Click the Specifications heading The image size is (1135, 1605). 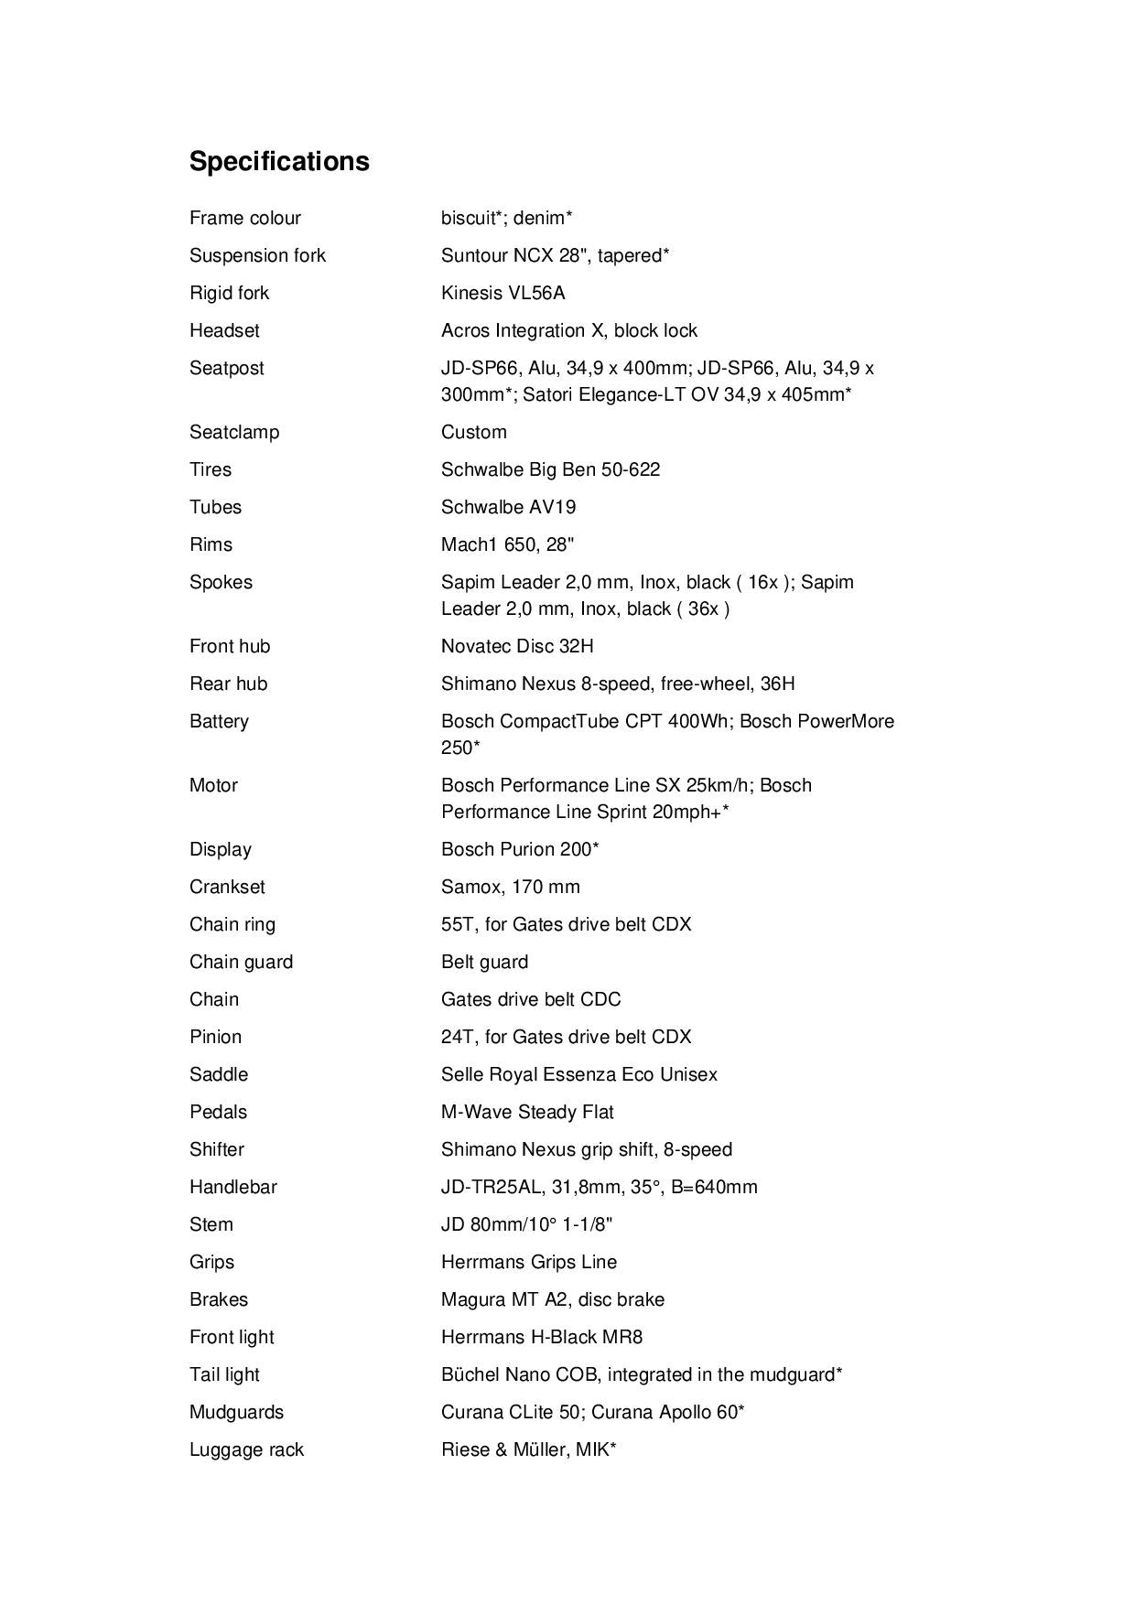[x=279, y=161]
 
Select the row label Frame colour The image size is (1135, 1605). [x=244, y=218]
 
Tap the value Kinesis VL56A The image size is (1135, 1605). [x=503, y=293]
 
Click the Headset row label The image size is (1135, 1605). [x=224, y=330]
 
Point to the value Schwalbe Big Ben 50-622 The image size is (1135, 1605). [x=550, y=469]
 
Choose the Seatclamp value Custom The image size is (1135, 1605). [x=473, y=432]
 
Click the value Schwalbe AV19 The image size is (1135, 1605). [x=508, y=507]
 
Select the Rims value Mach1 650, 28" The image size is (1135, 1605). [x=507, y=544]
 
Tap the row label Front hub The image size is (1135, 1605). [x=230, y=646]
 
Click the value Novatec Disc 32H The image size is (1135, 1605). [x=517, y=646]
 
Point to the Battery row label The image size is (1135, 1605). [x=219, y=721]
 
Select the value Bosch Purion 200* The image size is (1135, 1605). [x=520, y=849]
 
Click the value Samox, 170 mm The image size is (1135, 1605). [x=510, y=887]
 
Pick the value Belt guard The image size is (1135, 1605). [x=484, y=962]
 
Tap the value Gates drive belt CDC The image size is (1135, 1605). [x=531, y=999]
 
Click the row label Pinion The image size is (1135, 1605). [x=215, y=1037]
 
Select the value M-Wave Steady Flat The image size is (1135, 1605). [x=527, y=1112]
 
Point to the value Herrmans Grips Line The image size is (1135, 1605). [x=528, y=1262]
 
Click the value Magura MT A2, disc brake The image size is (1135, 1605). [x=553, y=1299]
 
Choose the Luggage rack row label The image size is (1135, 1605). [x=246, y=1449]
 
